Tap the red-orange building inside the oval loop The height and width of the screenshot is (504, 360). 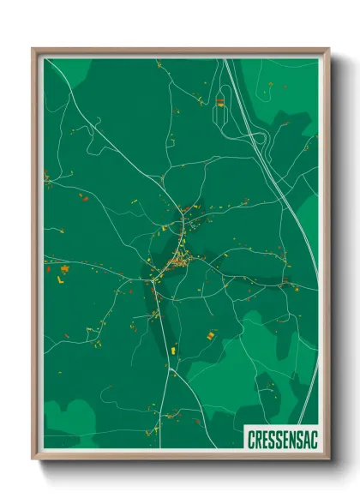pyautogui.click(x=219, y=102)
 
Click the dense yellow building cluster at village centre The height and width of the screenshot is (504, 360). pyautogui.click(x=177, y=261)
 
